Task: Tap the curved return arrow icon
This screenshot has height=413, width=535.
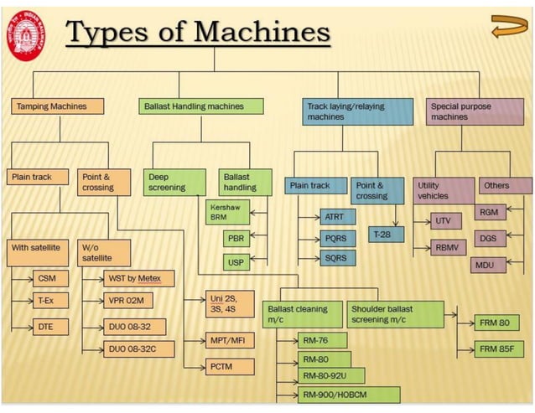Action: point(507,26)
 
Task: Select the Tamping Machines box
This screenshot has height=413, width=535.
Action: point(60,106)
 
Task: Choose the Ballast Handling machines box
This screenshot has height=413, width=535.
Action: point(201,106)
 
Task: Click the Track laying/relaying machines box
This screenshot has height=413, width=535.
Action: point(357,111)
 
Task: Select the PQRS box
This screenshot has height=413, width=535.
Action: point(335,238)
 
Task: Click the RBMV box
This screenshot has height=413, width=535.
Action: point(444,248)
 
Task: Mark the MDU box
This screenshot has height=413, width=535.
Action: point(484,266)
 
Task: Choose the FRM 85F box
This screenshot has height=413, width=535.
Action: point(495,348)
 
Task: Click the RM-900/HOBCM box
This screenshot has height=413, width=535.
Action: point(349,394)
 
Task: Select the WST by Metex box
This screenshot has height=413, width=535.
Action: point(139,278)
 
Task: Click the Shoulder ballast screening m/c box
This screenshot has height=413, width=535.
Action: point(396,314)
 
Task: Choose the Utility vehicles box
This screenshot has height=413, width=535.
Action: point(444,190)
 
